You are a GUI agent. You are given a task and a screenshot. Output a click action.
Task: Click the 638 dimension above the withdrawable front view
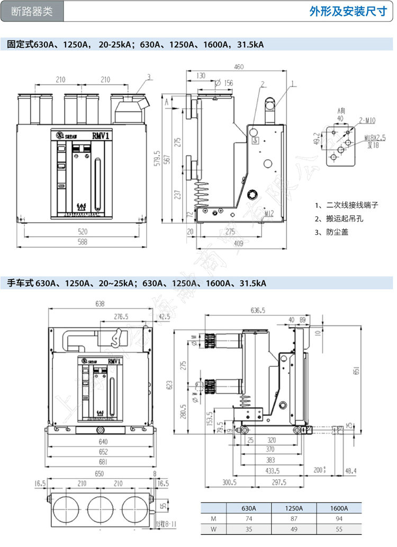(x=100, y=304)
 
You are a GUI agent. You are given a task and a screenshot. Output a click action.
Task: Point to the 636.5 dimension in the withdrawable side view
(x=258, y=310)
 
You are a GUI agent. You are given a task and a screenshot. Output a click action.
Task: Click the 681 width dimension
(x=103, y=462)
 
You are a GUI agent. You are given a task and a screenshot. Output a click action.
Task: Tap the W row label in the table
(x=214, y=529)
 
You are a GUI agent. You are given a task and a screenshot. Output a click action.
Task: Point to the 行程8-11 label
(x=167, y=524)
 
